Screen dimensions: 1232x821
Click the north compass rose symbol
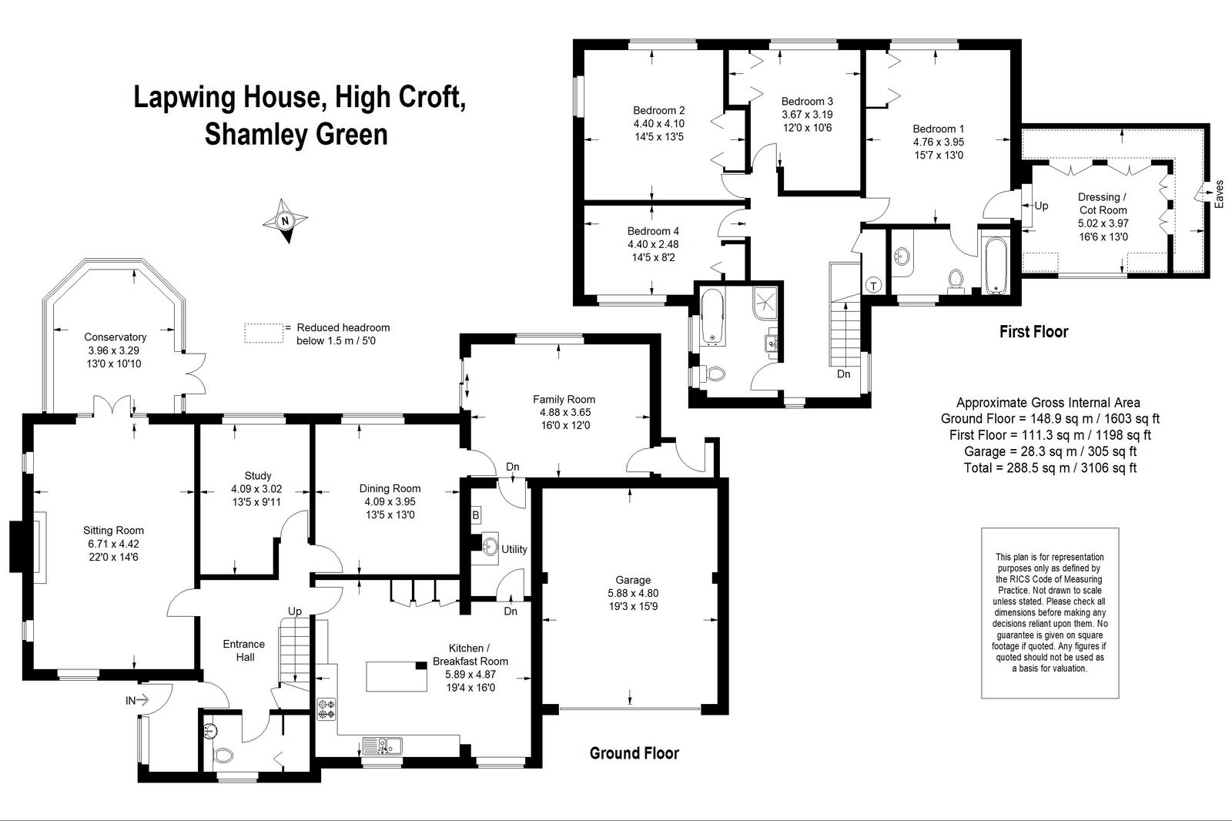click(285, 221)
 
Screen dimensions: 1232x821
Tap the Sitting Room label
click(113, 531)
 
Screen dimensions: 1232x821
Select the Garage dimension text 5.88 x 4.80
click(633, 593)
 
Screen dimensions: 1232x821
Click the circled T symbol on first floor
click(873, 285)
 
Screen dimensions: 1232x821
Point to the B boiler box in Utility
click(476, 515)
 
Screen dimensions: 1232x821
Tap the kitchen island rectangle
click(397, 676)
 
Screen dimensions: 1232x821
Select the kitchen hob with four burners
click(326, 709)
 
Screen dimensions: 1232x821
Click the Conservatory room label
click(115, 337)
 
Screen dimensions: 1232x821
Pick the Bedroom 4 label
click(653, 231)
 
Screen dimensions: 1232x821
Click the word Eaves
click(1219, 194)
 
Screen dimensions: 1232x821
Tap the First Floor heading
click(1033, 332)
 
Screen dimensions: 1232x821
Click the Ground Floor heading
click(634, 753)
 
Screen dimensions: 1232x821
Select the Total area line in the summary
click(1050, 467)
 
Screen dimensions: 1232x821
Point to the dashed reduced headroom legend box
click(263, 333)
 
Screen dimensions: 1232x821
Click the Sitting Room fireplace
click(28, 548)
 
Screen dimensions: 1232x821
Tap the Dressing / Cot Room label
click(1103, 203)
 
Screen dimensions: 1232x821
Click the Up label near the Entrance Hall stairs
click(295, 612)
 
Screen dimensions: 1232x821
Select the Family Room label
click(564, 400)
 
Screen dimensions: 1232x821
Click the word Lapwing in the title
click(186, 97)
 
